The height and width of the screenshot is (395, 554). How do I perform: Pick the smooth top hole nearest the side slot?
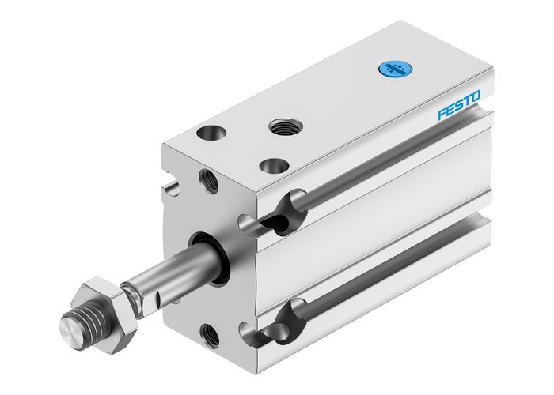tap(274, 166)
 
